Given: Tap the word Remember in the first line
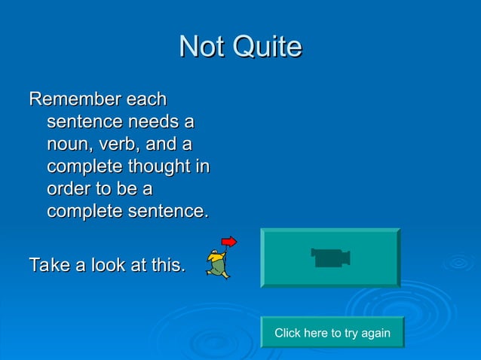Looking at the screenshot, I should (x=75, y=99).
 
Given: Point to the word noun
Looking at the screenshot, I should (x=69, y=144).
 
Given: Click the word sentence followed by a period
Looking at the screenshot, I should (x=167, y=212).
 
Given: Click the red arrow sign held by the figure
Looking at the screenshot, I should (x=228, y=242).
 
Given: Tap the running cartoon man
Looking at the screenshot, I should (x=218, y=263).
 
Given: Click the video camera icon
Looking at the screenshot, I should (x=330, y=258).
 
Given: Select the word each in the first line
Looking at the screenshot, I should (x=147, y=99).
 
